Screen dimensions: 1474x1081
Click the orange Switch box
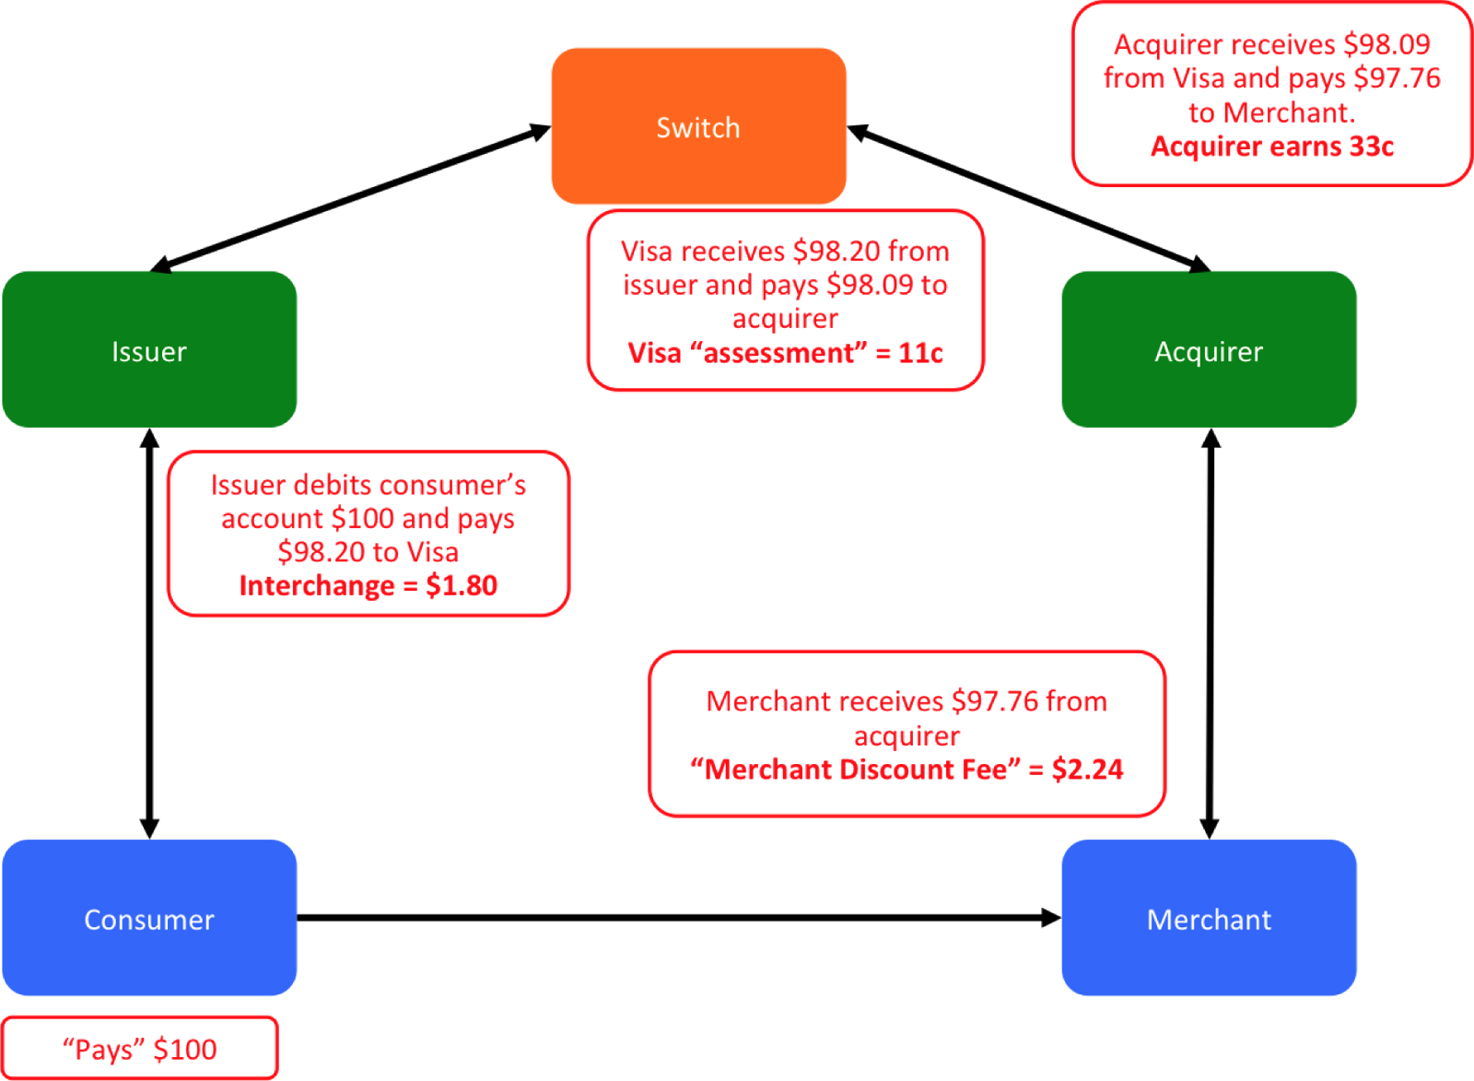[699, 125]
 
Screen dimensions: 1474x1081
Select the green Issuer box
[149, 349]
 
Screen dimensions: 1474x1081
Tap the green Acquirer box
[1209, 349]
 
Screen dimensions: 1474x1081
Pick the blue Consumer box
[149, 918]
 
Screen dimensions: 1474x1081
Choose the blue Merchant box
[1209, 918]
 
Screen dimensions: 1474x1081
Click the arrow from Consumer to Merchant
[679, 918]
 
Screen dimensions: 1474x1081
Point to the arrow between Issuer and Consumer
[149, 633]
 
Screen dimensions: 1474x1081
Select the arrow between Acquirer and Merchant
[1211, 633]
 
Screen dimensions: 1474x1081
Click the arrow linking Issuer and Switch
[351, 197]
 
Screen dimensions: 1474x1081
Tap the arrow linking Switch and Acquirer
[1028, 197]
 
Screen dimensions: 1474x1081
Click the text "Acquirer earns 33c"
[1272, 147]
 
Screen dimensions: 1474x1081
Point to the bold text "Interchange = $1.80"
[368, 585]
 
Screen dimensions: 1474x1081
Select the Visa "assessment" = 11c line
[785, 353]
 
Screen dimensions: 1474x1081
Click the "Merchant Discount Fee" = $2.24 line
[907, 769]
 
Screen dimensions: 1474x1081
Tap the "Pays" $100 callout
[139, 1049]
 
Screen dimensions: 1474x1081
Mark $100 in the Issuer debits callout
[363, 518]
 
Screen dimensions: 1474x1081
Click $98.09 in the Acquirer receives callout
[1386, 44]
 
